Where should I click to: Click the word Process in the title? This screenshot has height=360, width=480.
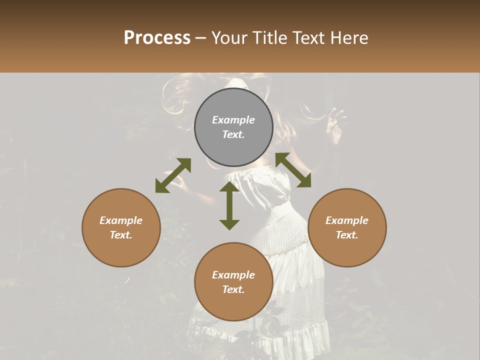click(x=157, y=38)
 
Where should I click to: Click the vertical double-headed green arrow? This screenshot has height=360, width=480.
click(x=229, y=205)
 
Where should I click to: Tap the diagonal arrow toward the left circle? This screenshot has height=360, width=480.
click(x=173, y=175)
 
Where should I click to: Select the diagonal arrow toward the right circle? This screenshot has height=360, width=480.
click(x=293, y=170)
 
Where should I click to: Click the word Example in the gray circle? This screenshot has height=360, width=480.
click(x=233, y=120)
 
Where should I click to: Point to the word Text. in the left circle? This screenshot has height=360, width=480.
click(x=121, y=235)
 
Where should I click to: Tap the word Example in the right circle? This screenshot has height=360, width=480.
click(x=347, y=220)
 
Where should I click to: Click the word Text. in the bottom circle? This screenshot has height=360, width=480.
click(x=233, y=289)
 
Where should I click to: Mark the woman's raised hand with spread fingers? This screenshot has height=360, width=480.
click(x=335, y=125)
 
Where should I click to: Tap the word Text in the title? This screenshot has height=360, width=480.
click(x=309, y=38)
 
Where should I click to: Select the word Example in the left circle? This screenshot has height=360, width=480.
click(x=121, y=220)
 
